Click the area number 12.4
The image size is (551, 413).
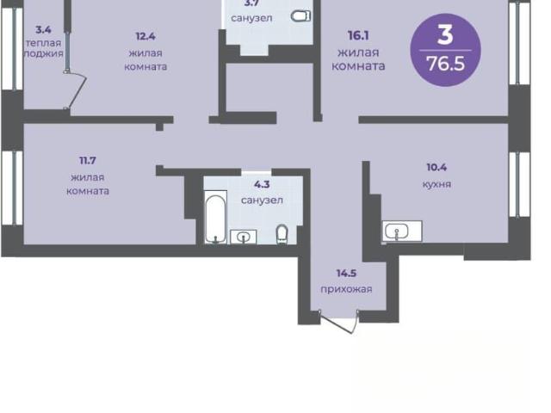point(145,36)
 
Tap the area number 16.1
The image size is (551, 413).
point(358,35)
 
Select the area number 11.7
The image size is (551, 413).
point(88,161)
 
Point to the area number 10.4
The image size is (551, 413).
point(436,167)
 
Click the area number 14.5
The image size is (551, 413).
point(346,273)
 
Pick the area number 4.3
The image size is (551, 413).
point(262,184)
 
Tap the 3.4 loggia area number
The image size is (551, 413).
point(43,29)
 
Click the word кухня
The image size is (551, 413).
point(436,184)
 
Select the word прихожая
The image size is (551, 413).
point(346,289)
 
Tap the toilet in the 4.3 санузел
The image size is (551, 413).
point(282,234)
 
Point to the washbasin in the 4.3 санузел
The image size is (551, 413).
point(243,237)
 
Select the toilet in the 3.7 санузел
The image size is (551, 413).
point(301,15)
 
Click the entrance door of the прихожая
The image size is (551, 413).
point(339,321)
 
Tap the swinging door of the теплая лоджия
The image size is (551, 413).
point(76,90)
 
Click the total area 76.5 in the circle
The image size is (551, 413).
point(445,64)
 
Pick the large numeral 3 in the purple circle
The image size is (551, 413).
point(445,35)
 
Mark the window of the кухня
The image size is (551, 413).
point(520,185)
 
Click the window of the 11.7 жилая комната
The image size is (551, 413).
point(13,188)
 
